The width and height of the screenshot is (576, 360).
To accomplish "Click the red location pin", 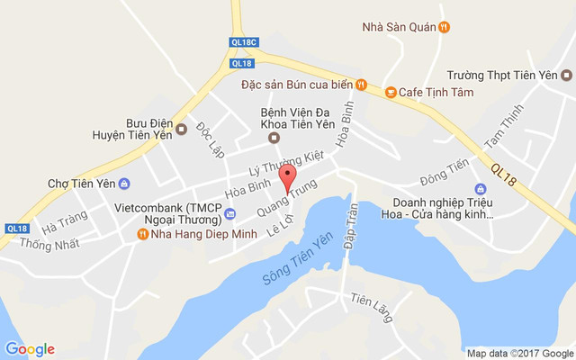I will coord(287,176).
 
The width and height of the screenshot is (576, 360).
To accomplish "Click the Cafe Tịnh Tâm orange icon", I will coord(391,91).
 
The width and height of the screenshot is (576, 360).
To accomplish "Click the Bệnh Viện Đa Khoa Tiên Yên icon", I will coord(274,137).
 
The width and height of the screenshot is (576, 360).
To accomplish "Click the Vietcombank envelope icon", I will coord(229,213).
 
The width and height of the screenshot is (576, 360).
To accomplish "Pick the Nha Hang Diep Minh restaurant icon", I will coord(142,234).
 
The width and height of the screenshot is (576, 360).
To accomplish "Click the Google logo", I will coord(30,349).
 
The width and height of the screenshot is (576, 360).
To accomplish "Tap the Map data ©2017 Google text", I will coord(518,353).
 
